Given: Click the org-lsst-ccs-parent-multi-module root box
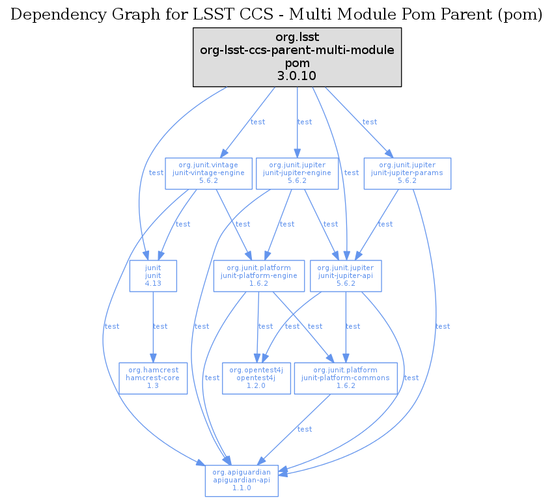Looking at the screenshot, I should (x=297, y=57).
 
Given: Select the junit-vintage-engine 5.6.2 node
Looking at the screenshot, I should (x=208, y=173).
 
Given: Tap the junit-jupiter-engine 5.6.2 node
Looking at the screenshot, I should (x=297, y=173).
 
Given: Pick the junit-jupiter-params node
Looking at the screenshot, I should (x=407, y=173).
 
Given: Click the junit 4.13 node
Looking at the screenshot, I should (x=153, y=276).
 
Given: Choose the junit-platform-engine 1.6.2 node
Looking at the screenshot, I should (x=259, y=276).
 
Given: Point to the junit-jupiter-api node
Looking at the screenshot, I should (x=346, y=276).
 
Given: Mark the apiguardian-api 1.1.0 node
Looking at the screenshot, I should (x=242, y=481).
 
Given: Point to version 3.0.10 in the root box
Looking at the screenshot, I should (x=297, y=76).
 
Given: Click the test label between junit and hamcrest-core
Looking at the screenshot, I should (x=160, y=327).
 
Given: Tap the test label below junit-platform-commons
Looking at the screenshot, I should (x=305, y=429).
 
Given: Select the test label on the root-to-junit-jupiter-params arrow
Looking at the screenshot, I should (x=370, y=122).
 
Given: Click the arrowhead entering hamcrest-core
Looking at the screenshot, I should (x=153, y=358).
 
